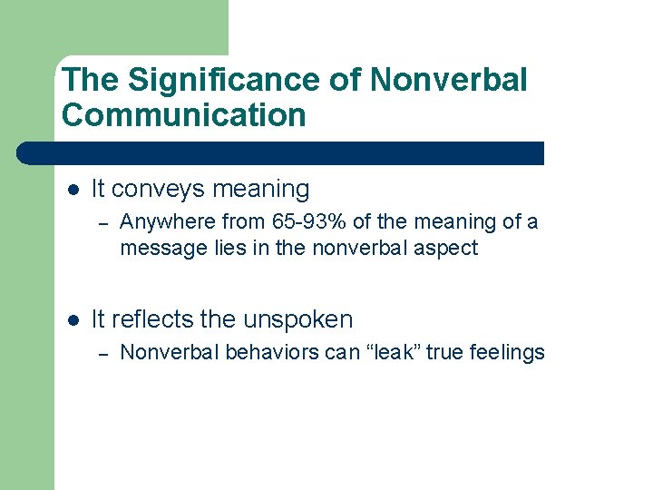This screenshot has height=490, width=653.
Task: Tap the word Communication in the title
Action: (x=184, y=115)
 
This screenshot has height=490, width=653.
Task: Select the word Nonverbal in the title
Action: (x=448, y=80)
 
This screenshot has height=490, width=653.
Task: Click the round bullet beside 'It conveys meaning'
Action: (x=73, y=190)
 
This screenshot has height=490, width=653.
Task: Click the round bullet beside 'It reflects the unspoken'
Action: (x=73, y=319)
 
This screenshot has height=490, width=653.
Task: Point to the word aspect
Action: (x=447, y=249)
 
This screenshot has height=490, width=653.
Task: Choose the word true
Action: (x=444, y=352)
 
